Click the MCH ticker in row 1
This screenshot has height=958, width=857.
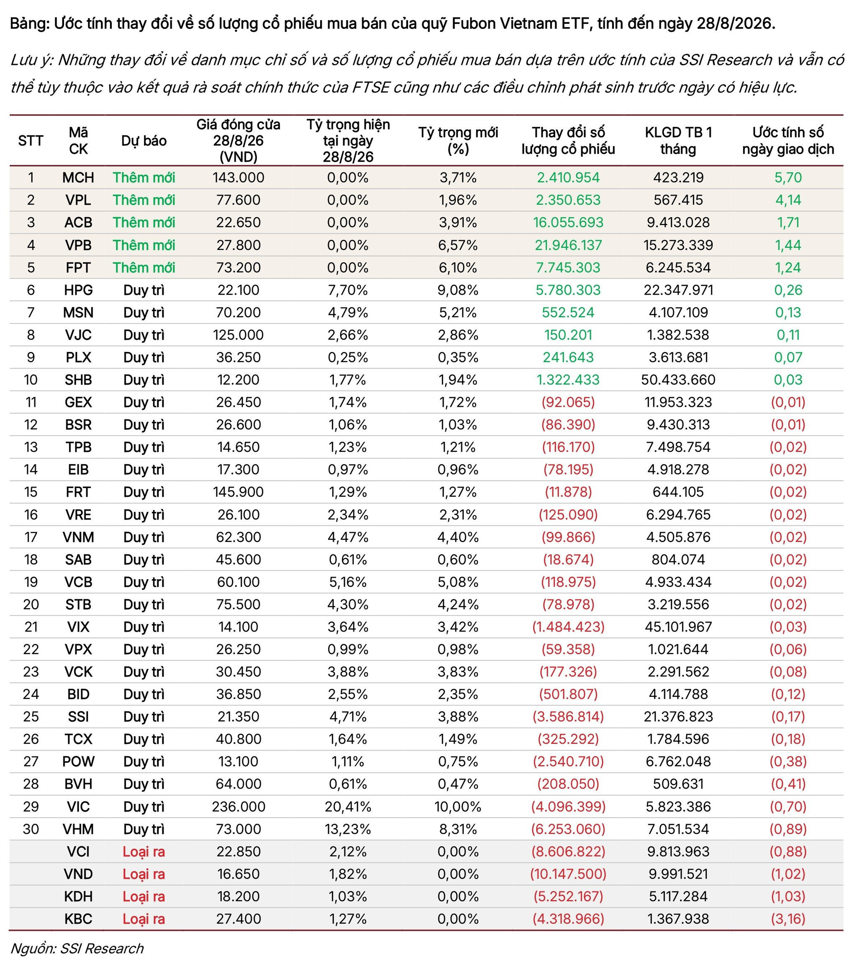(x=78, y=177)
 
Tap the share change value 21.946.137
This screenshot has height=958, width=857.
(x=568, y=245)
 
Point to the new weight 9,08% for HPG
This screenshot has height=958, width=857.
(x=458, y=290)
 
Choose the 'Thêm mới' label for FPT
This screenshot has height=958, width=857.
(x=144, y=267)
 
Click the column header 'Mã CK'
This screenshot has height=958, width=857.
(x=78, y=140)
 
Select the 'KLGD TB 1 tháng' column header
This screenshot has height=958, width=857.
(x=678, y=140)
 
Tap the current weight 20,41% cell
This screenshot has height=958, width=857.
(x=348, y=806)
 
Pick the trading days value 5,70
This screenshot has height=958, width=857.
(x=788, y=177)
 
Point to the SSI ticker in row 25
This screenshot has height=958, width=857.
(x=78, y=717)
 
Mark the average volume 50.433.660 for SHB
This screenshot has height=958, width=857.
(x=678, y=380)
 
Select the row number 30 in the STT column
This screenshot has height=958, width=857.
(x=31, y=829)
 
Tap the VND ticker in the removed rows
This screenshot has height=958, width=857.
(x=78, y=874)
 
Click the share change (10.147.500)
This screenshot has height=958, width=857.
(x=568, y=874)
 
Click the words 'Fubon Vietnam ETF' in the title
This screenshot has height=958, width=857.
(x=521, y=23)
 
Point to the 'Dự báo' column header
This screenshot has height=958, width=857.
(x=144, y=140)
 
